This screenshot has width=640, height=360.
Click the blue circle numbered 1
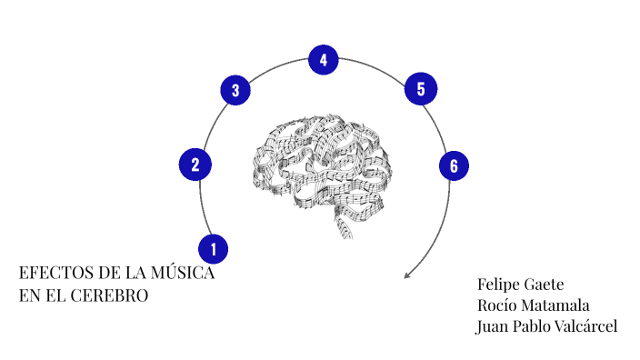213,247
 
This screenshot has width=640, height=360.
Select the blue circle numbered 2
195,165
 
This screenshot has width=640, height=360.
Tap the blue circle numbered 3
235,90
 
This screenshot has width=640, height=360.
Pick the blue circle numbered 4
323,61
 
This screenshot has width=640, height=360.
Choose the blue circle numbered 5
420,88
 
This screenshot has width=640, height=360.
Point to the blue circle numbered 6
453,165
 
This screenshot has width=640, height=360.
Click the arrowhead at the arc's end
406,275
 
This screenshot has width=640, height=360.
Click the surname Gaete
544,285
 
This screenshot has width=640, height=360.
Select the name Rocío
497,305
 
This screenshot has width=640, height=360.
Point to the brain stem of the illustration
346,226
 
